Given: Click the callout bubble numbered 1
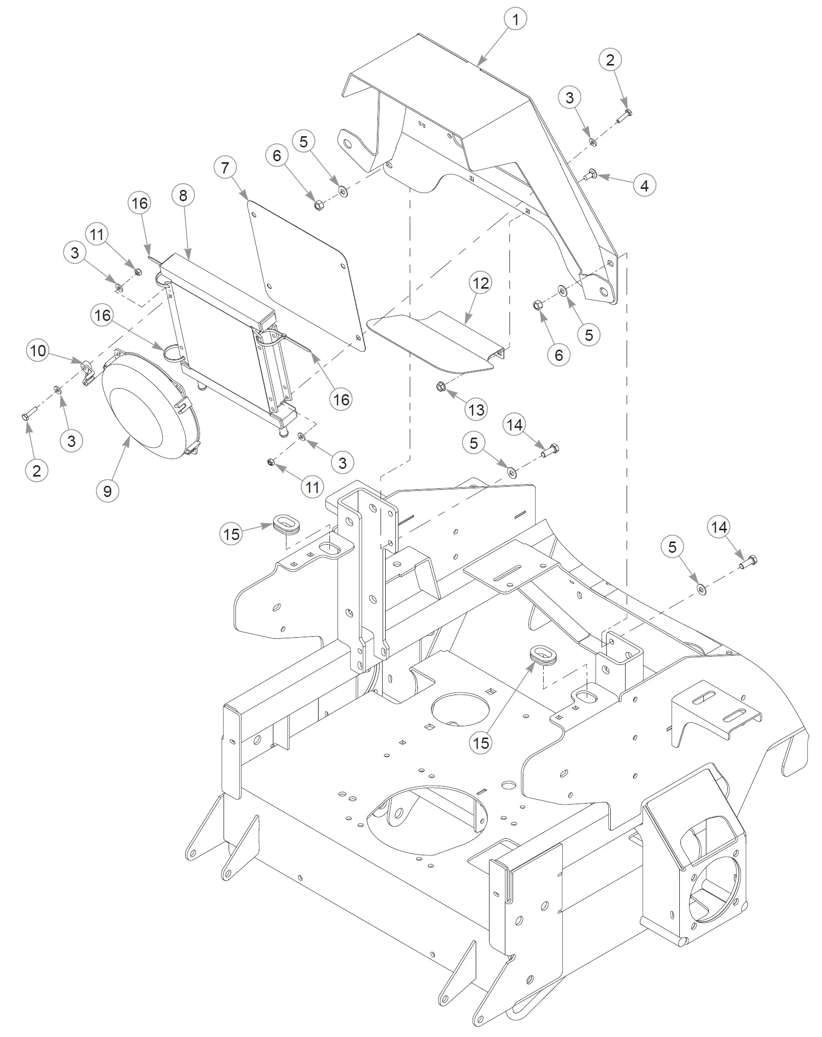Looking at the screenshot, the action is point(515,19).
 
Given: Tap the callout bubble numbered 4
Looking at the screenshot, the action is point(645,185).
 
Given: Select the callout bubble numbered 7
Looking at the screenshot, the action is point(225,168).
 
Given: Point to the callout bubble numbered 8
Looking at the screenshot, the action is point(183,195).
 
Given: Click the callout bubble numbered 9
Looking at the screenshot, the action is point(107,491).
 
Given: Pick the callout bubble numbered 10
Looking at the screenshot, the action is point(38,351).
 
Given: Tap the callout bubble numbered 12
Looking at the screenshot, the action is point(480,283).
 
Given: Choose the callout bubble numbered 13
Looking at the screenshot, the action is point(476,409).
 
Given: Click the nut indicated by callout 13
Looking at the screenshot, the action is point(440,387).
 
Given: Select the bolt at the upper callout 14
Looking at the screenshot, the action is point(549,450).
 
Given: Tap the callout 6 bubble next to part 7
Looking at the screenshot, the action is point(277,156).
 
